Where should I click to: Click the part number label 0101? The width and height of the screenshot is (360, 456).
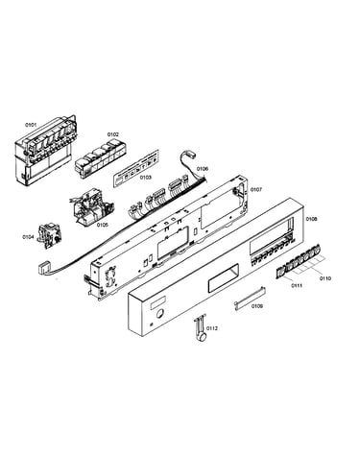point(31,125)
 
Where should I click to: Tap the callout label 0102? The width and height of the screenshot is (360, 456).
point(112,134)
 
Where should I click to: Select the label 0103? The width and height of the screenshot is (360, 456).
point(146,177)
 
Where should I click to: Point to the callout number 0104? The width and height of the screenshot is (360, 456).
point(28,237)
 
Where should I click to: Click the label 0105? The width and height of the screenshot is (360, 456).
point(103,225)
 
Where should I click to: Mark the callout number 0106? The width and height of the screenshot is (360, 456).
point(203,169)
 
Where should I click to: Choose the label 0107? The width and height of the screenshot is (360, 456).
point(256,190)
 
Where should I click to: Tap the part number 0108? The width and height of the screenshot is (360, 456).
point(311,219)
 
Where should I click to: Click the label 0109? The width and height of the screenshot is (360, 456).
point(257,306)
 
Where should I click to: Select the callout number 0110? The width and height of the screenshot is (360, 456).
point(324,278)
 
